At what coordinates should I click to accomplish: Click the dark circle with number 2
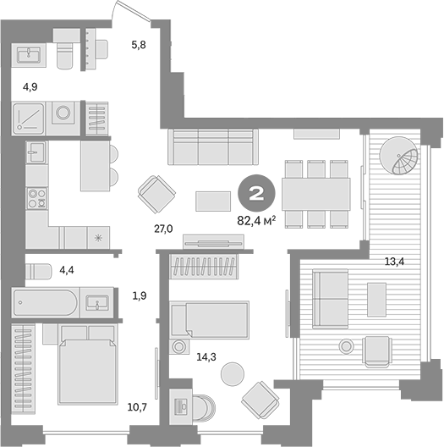click(x=256, y=193)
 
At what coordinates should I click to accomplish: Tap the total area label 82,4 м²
click(x=256, y=221)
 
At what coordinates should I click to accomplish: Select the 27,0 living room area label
click(x=163, y=229)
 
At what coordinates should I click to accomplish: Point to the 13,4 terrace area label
click(x=394, y=261)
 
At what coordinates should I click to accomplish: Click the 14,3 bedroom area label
click(x=206, y=356)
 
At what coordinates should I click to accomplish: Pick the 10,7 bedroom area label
click(x=137, y=407)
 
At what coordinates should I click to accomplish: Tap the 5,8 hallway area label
click(x=139, y=45)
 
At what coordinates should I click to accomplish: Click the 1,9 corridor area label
click(x=140, y=296)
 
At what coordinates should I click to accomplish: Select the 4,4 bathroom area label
click(x=67, y=269)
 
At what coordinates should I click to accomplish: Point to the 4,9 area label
click(x=30, y=87)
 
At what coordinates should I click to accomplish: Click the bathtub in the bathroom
click(x=46, y=302)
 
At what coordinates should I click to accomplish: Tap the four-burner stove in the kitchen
click(x=37, y=198)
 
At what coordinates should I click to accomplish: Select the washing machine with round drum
click(x=63, y=119)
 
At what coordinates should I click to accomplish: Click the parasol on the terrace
click(x=398, y=156)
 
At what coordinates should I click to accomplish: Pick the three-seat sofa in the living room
click(x=213, y=146)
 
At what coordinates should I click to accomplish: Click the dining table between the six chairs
click(x=316, y=194)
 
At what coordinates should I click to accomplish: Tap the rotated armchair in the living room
click(x=156, y=194)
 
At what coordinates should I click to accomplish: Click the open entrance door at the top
click(x=131, y=11)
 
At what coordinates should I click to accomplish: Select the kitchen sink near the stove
click(x=36, y=152)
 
